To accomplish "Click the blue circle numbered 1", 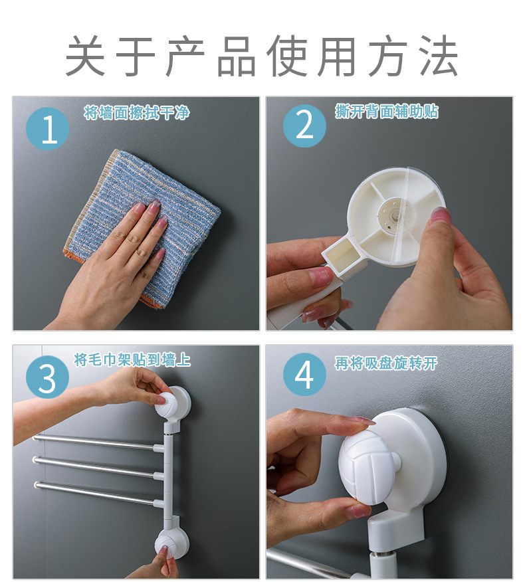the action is point(48,128).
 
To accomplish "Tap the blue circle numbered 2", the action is point(304,126).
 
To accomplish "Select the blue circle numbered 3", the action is point(48,377).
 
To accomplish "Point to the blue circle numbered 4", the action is point(304,374).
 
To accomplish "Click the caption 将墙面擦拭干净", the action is point(137,112).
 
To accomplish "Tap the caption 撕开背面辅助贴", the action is point(387,111).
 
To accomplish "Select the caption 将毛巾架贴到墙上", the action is point(132,359).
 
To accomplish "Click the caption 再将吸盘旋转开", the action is point(385,363).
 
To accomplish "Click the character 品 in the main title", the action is point(237,56).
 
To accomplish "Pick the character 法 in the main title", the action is point(439,56).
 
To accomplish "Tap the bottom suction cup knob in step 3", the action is point(170,544).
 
